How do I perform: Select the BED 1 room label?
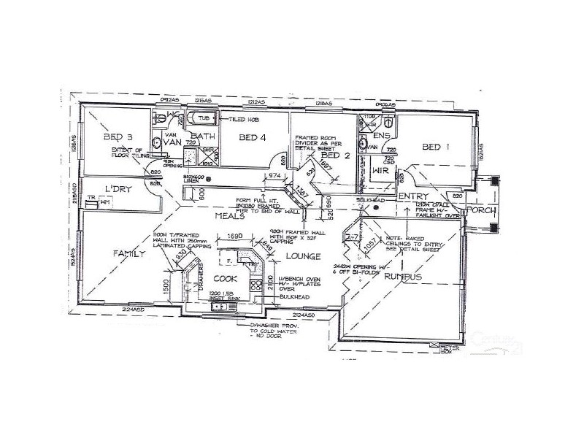click(436, 147)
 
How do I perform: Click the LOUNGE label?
click(299, 257)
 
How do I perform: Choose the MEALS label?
click(228, 216)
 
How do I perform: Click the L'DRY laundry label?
click(117, 188)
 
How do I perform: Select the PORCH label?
click(483, 211)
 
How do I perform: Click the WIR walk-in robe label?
click(381, 169)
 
